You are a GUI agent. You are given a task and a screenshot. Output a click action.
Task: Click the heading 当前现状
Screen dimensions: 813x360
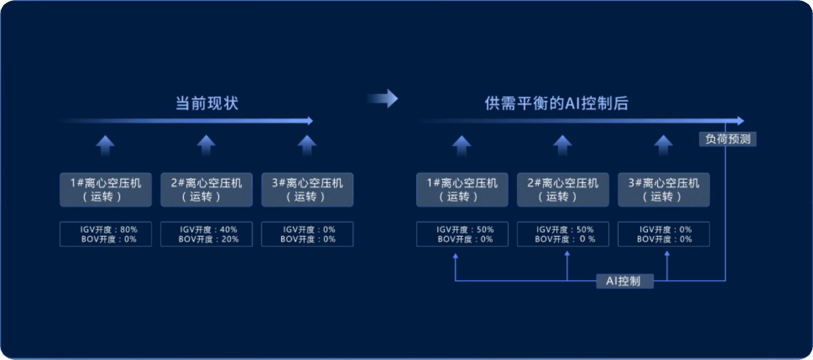[x=207, y=103]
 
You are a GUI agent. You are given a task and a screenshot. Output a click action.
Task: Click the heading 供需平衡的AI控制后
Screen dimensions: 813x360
[x=556, y=103]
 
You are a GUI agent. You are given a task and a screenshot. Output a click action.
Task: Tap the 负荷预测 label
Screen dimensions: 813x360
[x=728, y=139]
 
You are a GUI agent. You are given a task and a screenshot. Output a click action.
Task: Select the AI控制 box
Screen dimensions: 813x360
[x=624, y=281]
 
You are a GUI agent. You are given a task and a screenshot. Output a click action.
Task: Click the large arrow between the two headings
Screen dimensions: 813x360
[x=383, y=99]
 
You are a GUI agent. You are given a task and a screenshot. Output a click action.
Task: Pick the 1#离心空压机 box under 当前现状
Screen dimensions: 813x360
[x=105, y=190]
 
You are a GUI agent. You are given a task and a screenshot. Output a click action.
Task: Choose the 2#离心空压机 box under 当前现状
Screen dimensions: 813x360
[x=207, y=190]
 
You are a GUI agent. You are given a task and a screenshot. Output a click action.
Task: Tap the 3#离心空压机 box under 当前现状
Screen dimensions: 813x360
[x=307, y=190]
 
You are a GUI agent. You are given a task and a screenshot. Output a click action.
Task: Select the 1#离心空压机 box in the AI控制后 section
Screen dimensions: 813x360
[x=462, y=190]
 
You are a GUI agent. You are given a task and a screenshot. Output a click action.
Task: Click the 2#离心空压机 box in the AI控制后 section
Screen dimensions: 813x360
[x=563, y=190]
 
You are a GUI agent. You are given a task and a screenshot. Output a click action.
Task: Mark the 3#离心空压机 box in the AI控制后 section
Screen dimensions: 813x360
[x=664, y=190]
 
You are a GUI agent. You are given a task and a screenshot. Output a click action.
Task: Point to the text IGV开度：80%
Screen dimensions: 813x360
[x=109, y=230]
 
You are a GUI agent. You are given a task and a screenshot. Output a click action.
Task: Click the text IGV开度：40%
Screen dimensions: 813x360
[x=209, y=230]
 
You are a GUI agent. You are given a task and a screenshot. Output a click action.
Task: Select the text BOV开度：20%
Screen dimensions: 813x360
[x=209, y=239]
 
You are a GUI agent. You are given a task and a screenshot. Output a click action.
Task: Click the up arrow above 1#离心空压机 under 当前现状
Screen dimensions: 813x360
[x=105, y=146]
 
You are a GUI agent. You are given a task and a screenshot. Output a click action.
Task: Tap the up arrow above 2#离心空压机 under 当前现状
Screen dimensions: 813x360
[x=206, y=146]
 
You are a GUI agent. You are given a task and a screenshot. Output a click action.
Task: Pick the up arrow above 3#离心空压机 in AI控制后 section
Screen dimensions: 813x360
[x=663, y=146]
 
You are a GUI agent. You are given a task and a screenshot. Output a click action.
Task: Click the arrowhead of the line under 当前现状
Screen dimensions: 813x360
[x=310, y=121]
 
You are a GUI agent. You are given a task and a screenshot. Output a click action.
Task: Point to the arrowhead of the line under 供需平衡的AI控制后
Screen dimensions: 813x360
[x=741, y=121]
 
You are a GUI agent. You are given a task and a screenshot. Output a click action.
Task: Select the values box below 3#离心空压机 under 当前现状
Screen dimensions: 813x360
[x=307, y=234]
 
